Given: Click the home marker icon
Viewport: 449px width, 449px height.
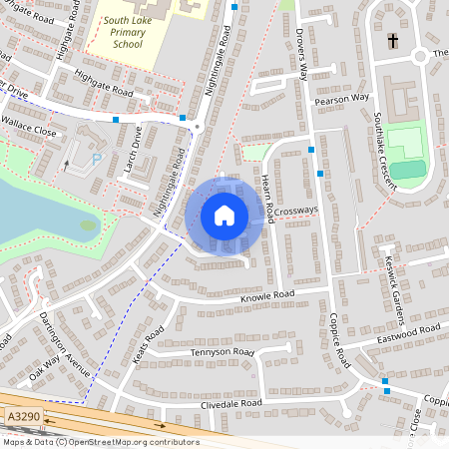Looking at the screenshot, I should click(x=224, y=216).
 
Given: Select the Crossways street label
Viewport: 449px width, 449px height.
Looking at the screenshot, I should click(x=295, y=211).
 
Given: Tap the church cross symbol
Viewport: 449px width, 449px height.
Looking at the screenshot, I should click(x=393, y=41).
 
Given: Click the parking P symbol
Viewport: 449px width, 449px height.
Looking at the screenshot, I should click(x=96, y=158).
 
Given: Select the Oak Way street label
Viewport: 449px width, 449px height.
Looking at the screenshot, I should click(x=46, y=374).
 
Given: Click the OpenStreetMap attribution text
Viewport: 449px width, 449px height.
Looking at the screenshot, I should click(x=100, y=442).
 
